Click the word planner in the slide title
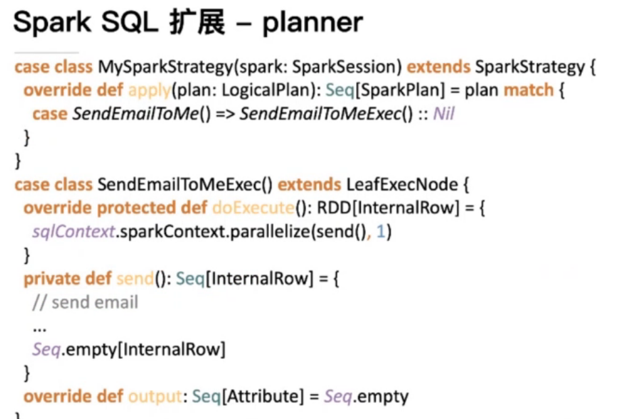coord(312,24)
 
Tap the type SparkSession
coord(346,67)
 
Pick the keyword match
coord(528,90)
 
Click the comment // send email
coord(85,302)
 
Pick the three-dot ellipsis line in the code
coord(39,326)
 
